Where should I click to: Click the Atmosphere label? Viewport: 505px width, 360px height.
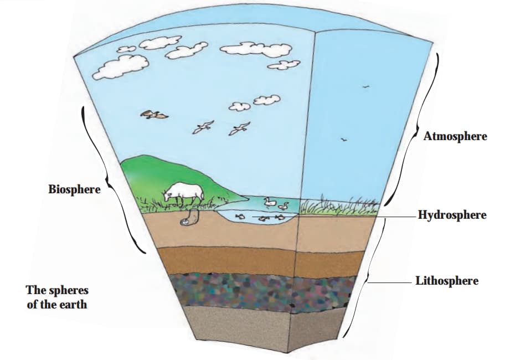(455, 136)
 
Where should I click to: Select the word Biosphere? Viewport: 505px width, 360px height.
(74, 189)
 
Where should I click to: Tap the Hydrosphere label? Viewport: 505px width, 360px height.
(452, 215)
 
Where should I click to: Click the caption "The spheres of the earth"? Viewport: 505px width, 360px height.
(56, 297)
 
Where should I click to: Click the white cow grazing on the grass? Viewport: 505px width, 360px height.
(184, 192)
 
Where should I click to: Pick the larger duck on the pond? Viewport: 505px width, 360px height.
(270, 203)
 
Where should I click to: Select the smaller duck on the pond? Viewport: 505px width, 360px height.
(284, 206)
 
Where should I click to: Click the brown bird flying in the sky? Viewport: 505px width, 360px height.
(154, 115)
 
